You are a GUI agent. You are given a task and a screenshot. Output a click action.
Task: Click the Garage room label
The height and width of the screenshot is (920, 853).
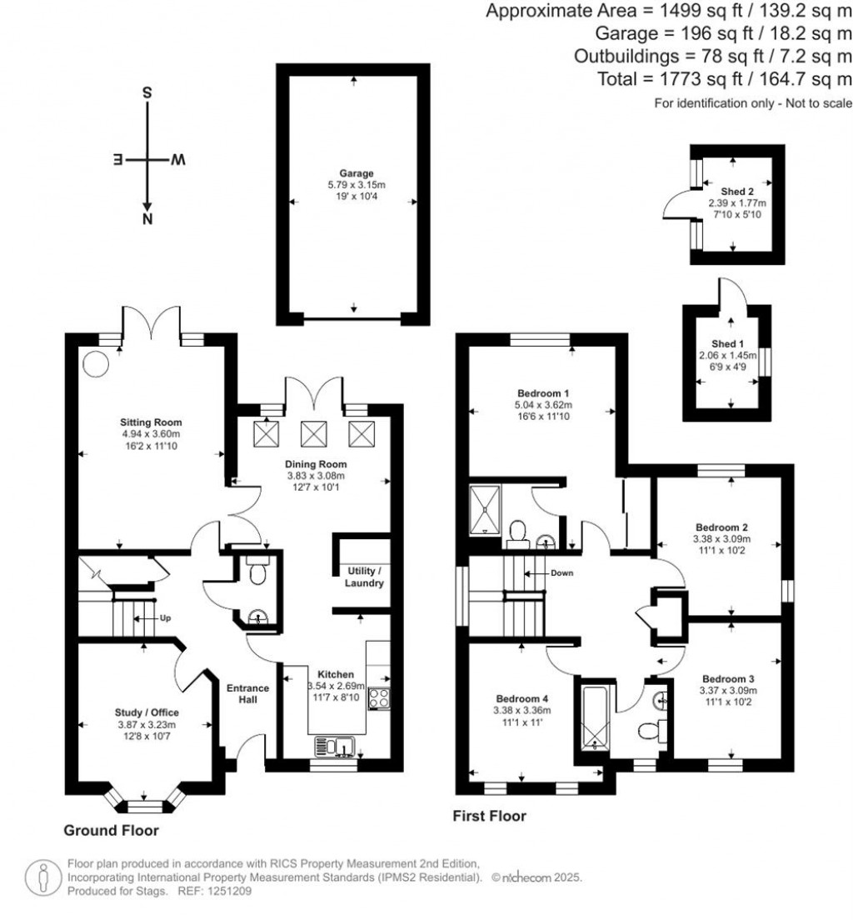pyautogui.click(x=355, y=173)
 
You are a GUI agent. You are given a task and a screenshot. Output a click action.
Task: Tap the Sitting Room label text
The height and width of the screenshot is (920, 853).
pyautogui.click(x=151, y=422)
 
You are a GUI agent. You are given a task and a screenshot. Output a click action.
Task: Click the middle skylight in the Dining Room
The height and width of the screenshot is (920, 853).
pyautogui.click(x=315, y=433)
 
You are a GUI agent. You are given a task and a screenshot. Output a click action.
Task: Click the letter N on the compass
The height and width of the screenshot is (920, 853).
pyautogui.click(x=147, y=219)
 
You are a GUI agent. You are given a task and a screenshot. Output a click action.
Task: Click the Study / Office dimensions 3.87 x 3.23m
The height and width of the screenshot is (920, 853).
pyautogui.click(x=147, y=725)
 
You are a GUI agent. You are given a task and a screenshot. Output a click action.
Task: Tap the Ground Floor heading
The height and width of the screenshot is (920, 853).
pyautogui.click(x=112, y=830)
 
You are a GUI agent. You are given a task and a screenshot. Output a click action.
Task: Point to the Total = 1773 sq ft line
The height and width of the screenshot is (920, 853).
pyautogui.click(x=725, y=79)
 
